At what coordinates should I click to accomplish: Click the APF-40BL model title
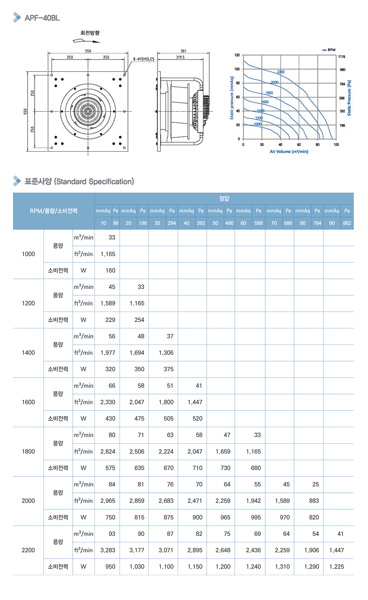pyautogui.click(x=42, y=18)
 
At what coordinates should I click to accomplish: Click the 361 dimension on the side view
pyautogui.click(x=183, y=51)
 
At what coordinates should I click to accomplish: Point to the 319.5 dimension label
pyautogui.click(x=180, y=57)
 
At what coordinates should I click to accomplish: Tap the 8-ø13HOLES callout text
pyautogui.click(x=144, y=59)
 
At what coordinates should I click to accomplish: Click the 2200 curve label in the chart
pyautogui.click(x=281, y=72)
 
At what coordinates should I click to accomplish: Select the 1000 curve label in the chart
pyautogui.click(x=258, y=124)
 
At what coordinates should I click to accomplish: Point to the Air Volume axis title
pyautogui.click(x=289, y=152)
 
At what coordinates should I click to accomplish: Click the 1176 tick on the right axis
pyautogui.click(x=342, y=57)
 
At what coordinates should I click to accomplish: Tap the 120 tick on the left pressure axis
pyautogui.click(x=237, y=55)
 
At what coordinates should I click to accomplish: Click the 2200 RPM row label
pyautogui.click(x=28, y=550)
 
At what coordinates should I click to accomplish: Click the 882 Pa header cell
pyautogui.click(x=347, y=223)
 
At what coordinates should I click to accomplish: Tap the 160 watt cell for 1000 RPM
pyautogui.click(x=110, y=270)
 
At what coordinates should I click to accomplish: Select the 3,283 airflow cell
pyautogui.click(x=108, y=550)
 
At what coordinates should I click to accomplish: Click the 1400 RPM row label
pyautogui.click(x=28, y=353)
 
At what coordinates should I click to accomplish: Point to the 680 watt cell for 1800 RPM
pyautogui.click(x=256, y=468)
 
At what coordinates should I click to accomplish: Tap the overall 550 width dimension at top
pyautogui.click(x=88, y=51)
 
